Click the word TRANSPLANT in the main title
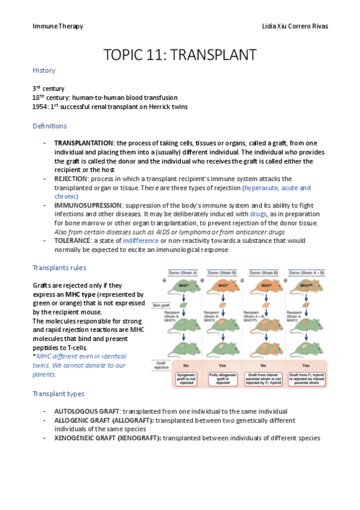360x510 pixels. [x=213, y=55]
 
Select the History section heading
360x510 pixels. [x=44, y=70]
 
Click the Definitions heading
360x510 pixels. [x=49, y=126]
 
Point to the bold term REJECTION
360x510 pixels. [x=71, y=179]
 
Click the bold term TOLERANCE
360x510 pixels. [x=72, y=241]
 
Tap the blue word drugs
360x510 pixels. [x=258, y=214]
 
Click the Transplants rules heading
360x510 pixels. [x=59, y=267]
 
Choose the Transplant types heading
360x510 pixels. [x=58, y=393]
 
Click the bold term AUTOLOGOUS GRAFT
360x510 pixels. [x=85, y=411]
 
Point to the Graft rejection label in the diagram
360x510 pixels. [x=160, y=366]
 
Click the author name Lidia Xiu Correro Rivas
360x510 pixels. [x=288, y=26]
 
